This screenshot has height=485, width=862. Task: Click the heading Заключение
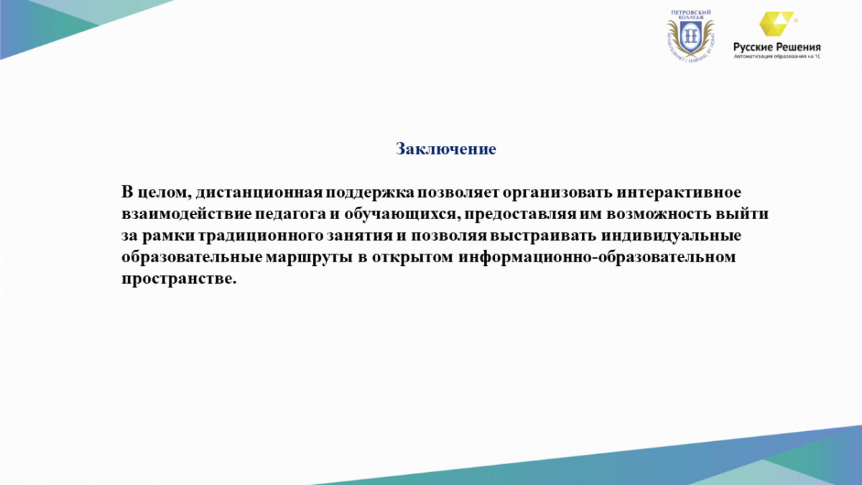(446, 149)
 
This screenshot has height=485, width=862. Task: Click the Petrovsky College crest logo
(691, 37)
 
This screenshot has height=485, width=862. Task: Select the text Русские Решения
(777, 47)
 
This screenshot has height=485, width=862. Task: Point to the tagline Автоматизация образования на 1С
(777, 57)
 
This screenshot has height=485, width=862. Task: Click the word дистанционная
(259, 192)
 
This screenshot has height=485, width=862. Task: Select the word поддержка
(370, 193)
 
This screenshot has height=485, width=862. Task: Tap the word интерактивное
(679, 192)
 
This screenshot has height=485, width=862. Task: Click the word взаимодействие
(187, 214)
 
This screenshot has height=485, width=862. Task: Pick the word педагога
(290, 214)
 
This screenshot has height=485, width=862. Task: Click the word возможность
(659, 214)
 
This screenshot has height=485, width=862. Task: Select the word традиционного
(261, 236)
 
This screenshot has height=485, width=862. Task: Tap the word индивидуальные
(671, 236)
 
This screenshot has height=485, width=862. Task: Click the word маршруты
(309, 257)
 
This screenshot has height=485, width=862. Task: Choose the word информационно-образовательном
(597, 257)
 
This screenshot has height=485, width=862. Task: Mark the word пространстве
(179, 279)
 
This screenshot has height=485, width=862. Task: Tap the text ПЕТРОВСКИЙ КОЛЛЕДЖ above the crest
(691, 14)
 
